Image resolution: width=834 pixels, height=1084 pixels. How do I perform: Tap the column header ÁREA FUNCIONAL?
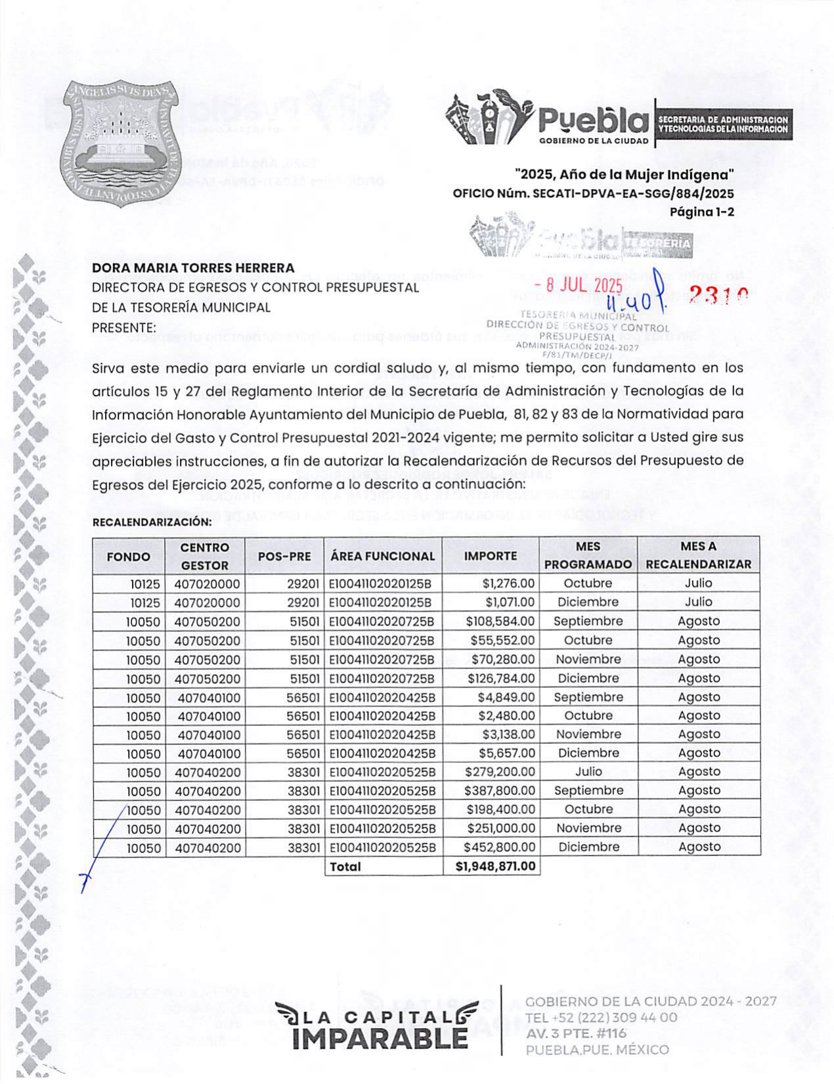(382, 556)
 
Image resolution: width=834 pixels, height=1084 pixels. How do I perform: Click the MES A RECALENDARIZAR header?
(698, 555)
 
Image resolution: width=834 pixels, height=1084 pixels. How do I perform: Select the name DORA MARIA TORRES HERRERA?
(193, 268)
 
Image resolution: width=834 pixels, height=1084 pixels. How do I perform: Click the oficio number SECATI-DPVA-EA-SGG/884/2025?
(633, 194)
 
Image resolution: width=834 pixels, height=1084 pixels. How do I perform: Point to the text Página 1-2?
(701, 212)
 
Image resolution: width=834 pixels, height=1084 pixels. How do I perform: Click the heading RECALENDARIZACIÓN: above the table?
(152, 522)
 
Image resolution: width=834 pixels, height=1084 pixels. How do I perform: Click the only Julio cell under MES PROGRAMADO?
(588, 772)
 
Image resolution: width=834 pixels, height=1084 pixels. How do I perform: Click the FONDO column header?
(128, 556)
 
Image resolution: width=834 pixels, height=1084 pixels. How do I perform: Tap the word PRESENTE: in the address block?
(124, 327)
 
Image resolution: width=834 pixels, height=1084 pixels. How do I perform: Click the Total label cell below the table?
(345, 867)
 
